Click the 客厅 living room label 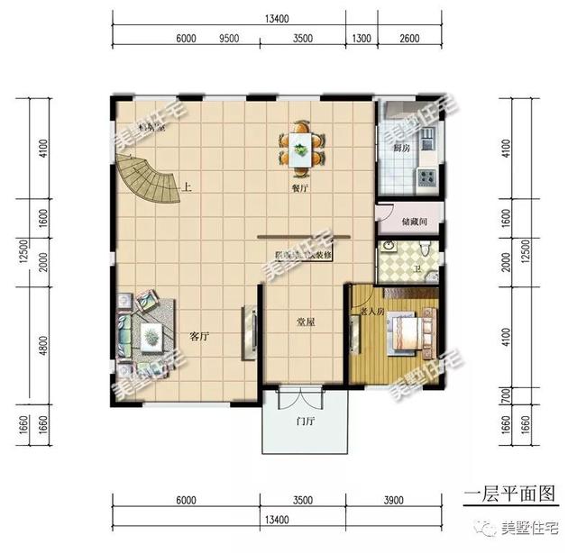pyautogui.click(x=199, y=335)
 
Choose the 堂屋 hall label pyautogui.click(x=307, y=321)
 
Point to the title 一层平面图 pyautogui.click(x=510, y=494)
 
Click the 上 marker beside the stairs pyautogui.click(x=188, y=188)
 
